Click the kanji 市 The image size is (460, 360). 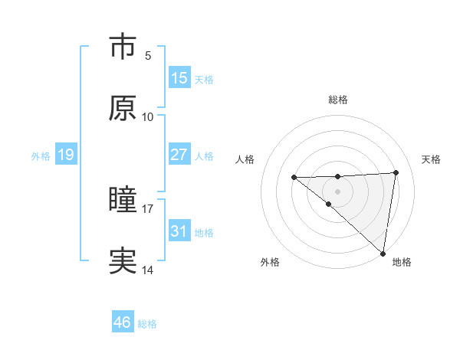(x=123, y=47)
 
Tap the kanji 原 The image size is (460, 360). (x=123, y=109)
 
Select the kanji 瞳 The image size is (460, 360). (x=123, y=201)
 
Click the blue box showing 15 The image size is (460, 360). (x=179, y=78)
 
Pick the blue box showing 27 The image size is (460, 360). (x=179, y=155)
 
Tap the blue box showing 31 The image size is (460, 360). (x=179, y=231)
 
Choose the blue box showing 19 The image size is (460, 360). (x=65, y=155)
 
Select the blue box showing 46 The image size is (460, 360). (x=123, y=322)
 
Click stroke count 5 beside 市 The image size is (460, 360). (x=148, y=55)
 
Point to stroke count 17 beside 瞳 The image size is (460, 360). (x=148, y=208)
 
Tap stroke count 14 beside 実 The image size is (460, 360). (x=148, y=270)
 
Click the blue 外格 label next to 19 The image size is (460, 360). (x=41, y=155)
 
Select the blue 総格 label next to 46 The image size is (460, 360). (x=147, y=324)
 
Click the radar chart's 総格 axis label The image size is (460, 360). (x=338, y=100)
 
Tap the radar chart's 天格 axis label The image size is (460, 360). (x=431, y=159)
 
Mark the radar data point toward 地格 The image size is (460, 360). (x=383, y=253)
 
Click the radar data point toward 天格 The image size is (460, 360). (x=396, y=172)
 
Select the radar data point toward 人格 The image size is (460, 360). (x=294, y=178)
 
